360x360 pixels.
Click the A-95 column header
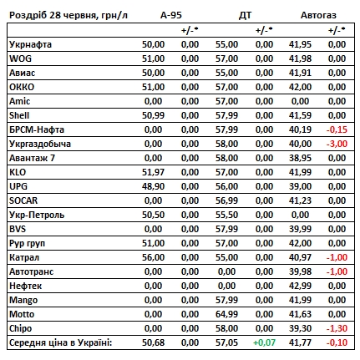pos(171,15)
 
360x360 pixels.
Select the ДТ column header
pos(245,15)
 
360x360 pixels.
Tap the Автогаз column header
pos(318,15)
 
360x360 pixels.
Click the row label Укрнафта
pos(30,44)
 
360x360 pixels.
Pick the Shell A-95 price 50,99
pos(153,115)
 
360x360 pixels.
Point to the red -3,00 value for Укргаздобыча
pos(337,144)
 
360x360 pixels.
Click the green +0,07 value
pos(264,342)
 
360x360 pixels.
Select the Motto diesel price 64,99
pos(226,314)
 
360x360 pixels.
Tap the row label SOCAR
pos(23,200)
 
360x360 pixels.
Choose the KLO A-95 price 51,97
pos(153,172)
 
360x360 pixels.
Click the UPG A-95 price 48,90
pos(153,186)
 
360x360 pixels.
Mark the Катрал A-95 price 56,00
pos(153,257)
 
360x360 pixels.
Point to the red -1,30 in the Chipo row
pos(337,328)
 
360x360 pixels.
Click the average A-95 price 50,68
pos(153,342)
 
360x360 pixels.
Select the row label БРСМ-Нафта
pos(37,129)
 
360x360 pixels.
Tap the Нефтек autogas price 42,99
pos(300,286)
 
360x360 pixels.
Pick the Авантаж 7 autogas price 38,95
pos(300,158)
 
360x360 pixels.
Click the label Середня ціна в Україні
pos(60,342)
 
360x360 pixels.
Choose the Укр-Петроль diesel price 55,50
pos(226,215)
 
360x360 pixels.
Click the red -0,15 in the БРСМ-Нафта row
pos(337,129)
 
